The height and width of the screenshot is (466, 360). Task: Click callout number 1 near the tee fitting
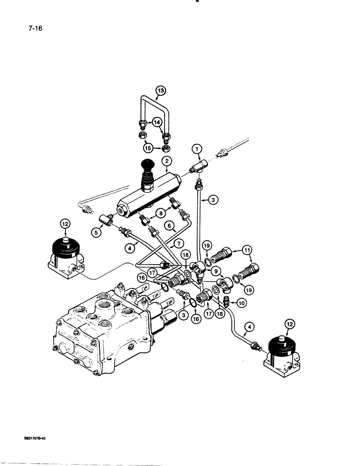point(197,149)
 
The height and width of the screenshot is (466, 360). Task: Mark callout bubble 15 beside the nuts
point(148,149)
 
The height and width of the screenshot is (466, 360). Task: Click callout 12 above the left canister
point(65,225)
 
